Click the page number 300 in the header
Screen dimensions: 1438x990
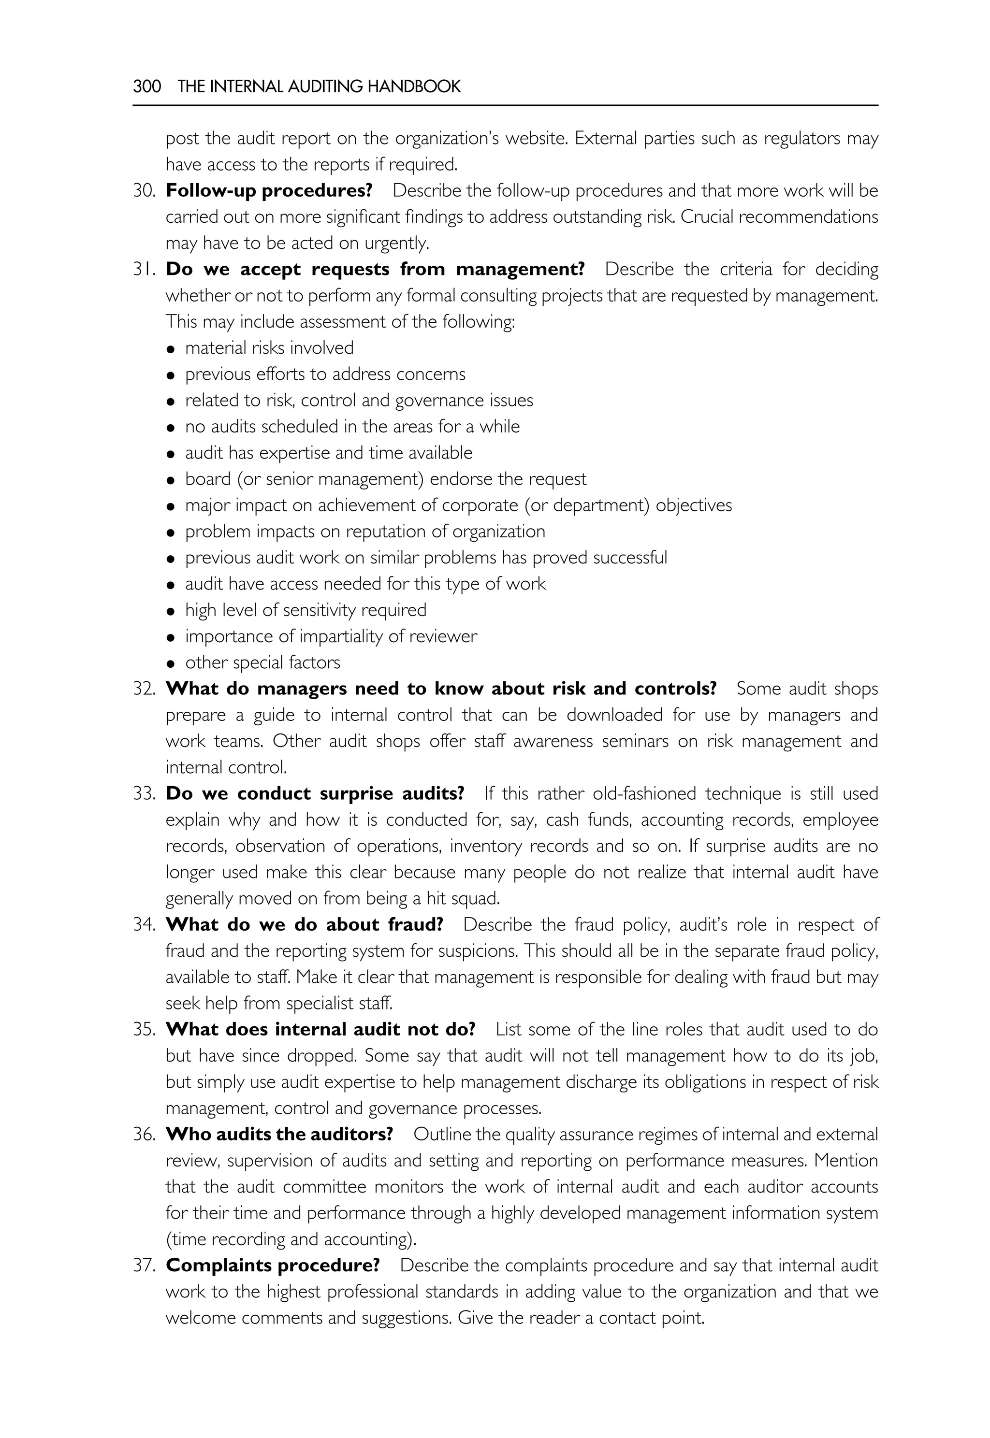point(147,86)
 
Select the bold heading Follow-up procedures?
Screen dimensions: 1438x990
point(269,190)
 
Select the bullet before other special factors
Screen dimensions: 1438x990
point(171,663)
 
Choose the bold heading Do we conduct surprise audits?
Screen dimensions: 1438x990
point(315,794)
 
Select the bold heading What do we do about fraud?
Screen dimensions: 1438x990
point(304,924)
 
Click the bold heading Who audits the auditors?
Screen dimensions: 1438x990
point(279,1134)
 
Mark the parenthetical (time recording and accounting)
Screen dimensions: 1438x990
point(291,1239)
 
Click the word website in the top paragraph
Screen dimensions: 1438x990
point(535,138)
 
